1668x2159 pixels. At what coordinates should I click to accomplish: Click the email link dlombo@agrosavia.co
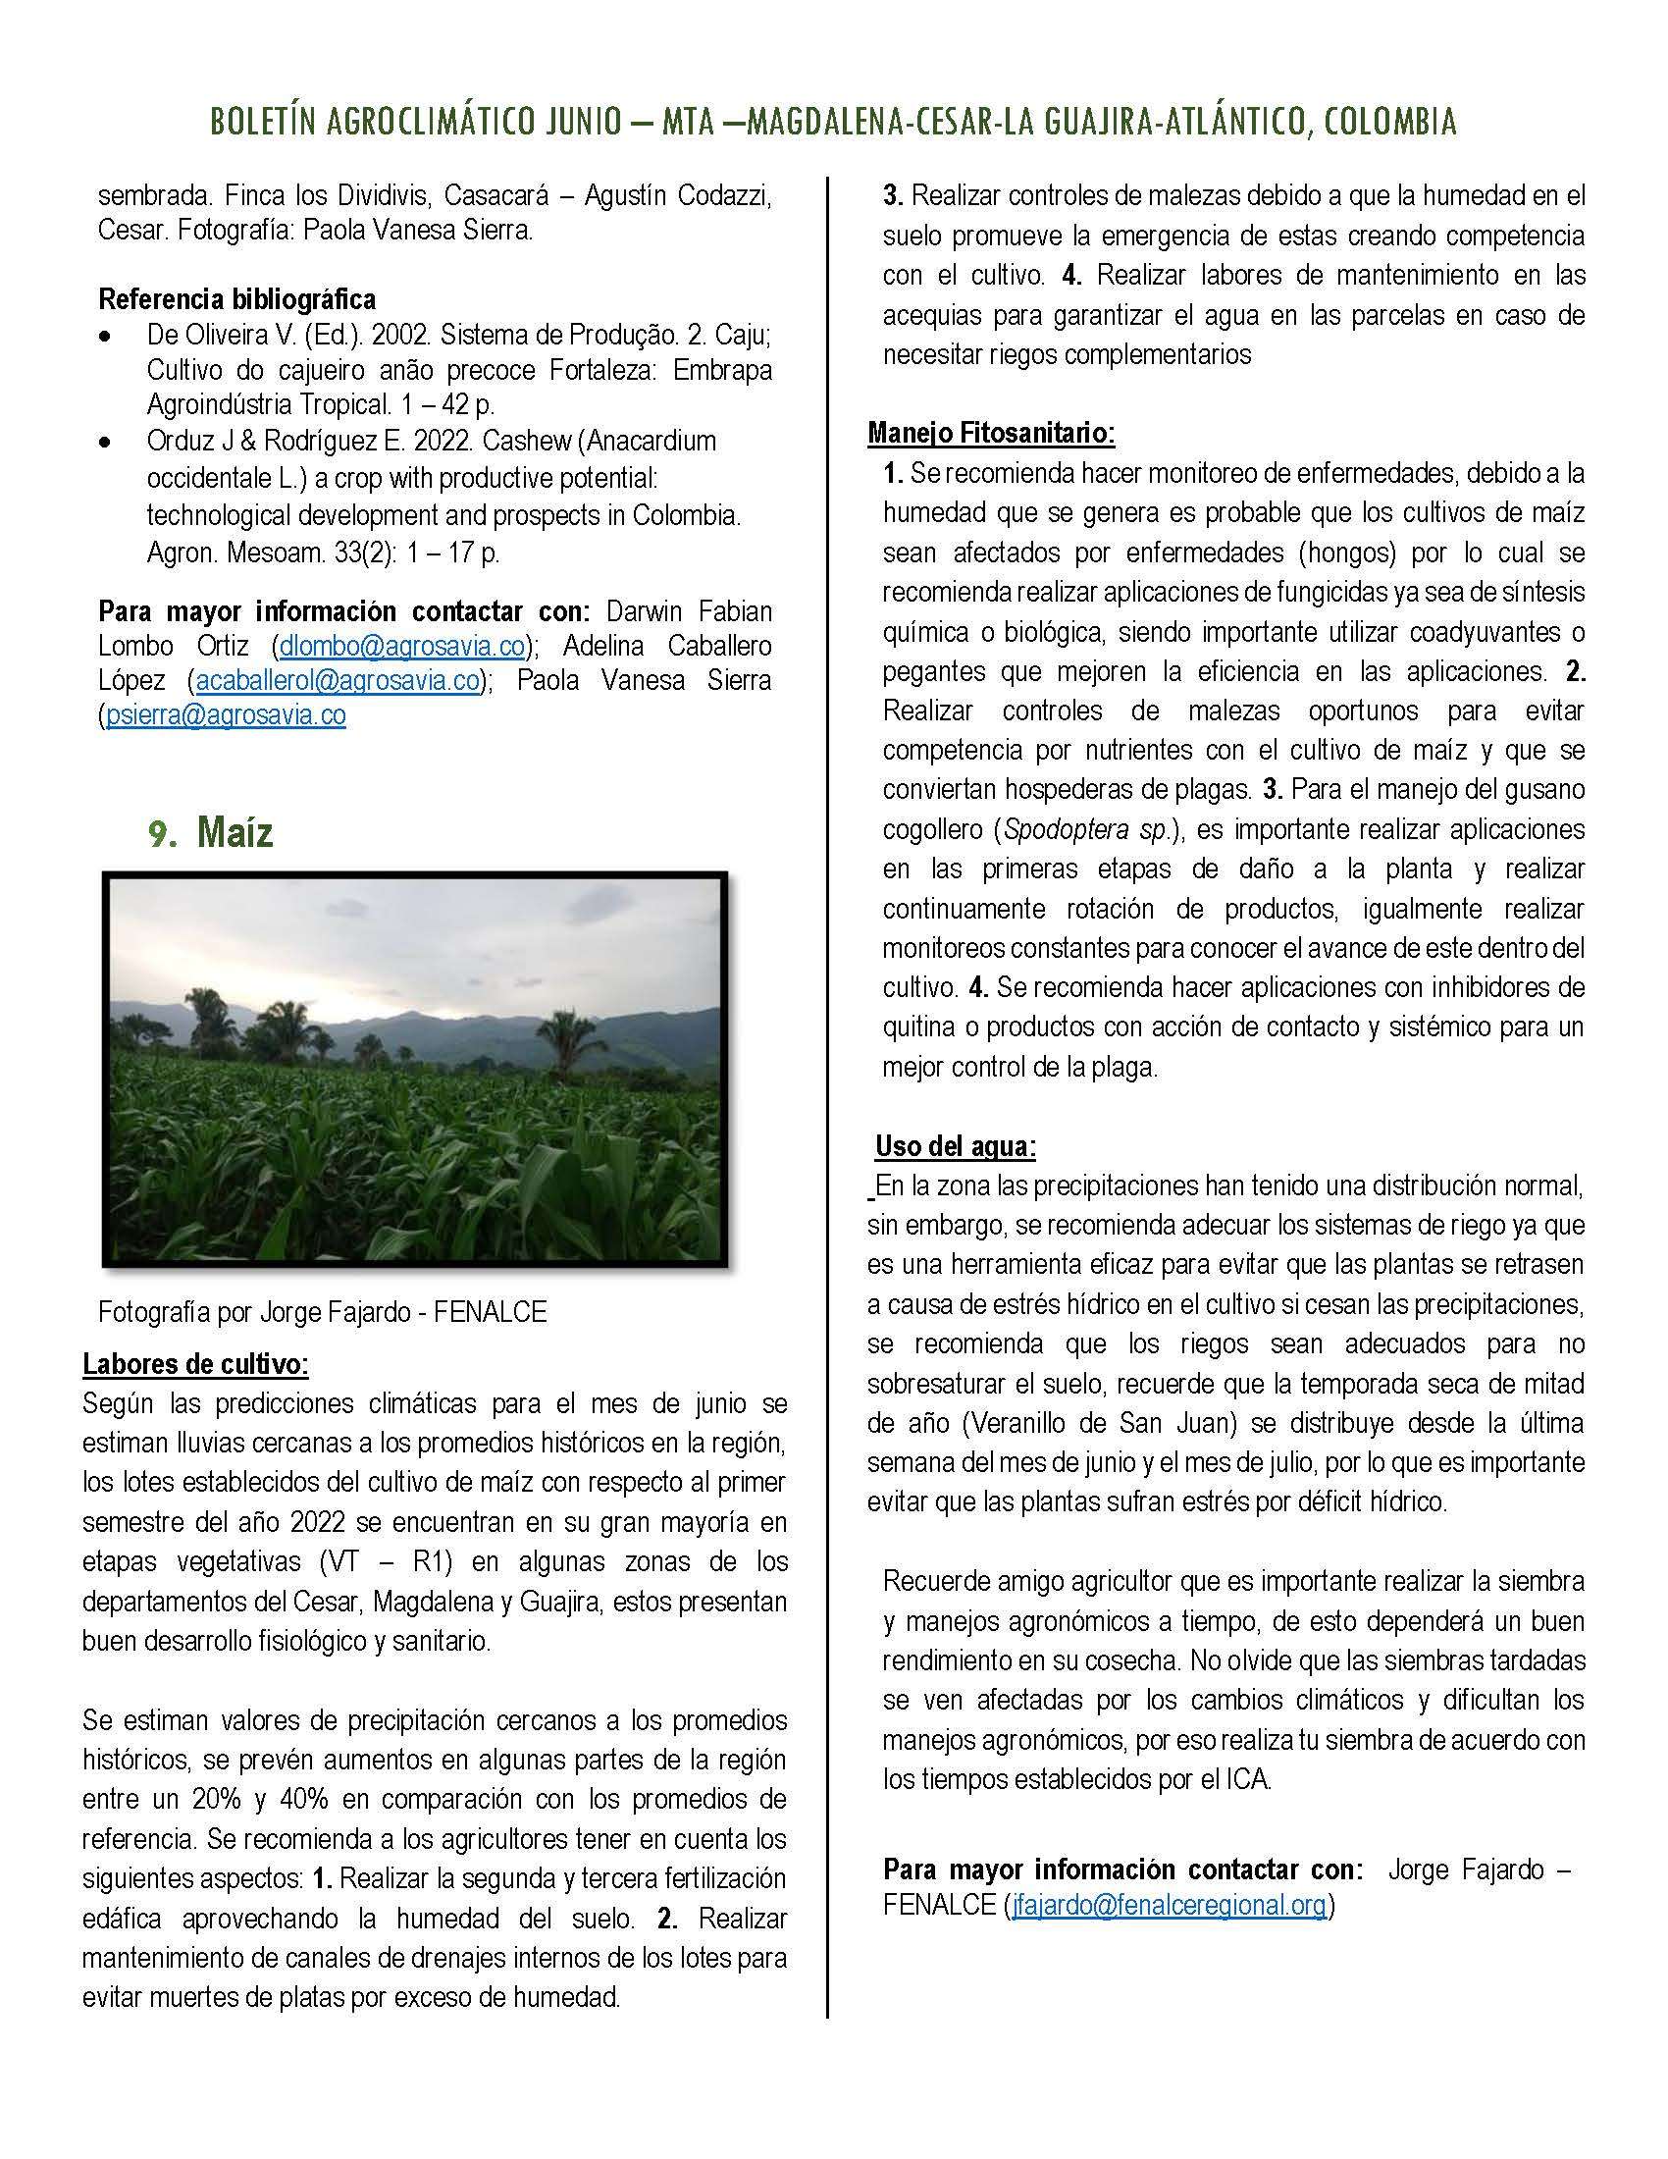[x=401, y=646]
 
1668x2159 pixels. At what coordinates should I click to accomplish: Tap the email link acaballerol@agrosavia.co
[x=338, y=680]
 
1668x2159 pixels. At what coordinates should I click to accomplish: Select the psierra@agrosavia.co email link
[x=226, y=714]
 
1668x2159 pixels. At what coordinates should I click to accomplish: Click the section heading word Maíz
[x=235, y=832]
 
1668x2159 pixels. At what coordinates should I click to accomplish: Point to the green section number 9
[x=161, y=834]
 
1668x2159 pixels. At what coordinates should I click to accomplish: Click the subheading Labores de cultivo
[x=195, y=1364]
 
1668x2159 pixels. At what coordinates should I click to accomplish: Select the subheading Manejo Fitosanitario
[x=991, y=432]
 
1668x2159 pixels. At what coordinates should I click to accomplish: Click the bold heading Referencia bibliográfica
[x=237, y=298]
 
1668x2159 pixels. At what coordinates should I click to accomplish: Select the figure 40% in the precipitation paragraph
[x=308, y=1799]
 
